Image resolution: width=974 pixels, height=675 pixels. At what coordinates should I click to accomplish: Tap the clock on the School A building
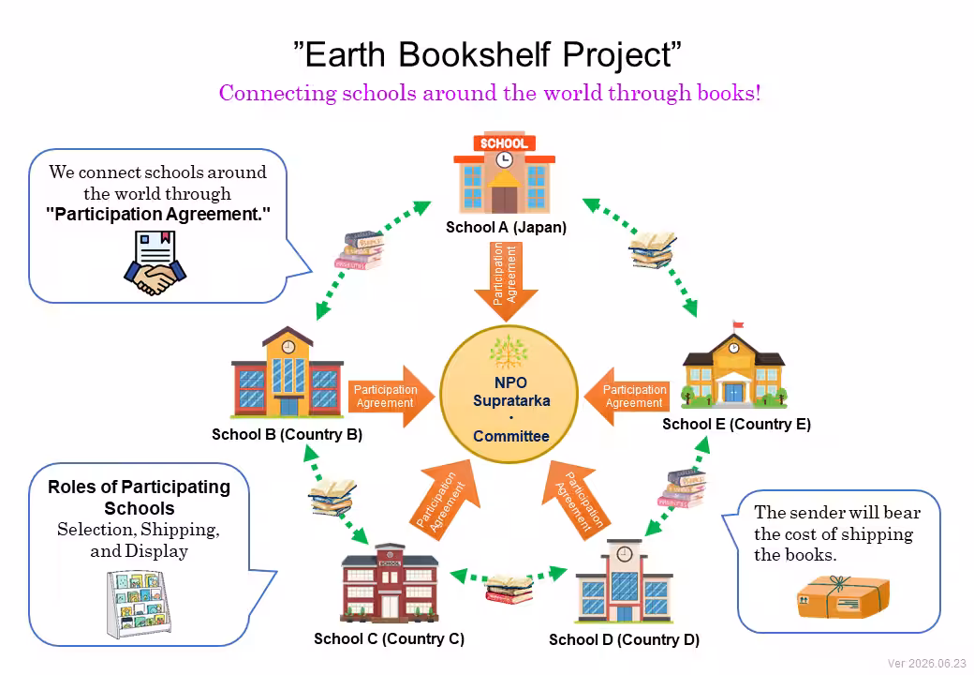pyautogui.click(x=505, y=159)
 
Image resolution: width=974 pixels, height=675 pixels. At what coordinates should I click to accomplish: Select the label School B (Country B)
pyautogui.click(x=287, y=434)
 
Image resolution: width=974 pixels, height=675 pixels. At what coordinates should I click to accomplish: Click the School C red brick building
pyautogui.click(x=390, y=583)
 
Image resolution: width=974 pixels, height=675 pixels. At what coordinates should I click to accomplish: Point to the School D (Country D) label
pyautogui.click(x=625, y=639)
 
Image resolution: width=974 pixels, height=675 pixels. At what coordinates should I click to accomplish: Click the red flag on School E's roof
pyautogui.click(x=738, y=323)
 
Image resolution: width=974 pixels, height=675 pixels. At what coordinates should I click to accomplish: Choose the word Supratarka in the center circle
pyautogui.click(x=511, y=400)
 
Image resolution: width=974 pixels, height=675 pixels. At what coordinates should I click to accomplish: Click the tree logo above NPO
pyautogui.click(x=509, y=352)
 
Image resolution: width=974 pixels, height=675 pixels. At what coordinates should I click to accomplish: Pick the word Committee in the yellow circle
pyautogui.click(x=511, y=436)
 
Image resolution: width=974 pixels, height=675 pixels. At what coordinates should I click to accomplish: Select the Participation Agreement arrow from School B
pyautogui.click(x=391, y=397)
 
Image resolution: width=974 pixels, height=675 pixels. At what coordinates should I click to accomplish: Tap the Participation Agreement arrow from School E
pyautogui.click(x=627, y=397)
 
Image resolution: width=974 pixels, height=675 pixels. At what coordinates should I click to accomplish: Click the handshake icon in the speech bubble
pyautogui.click(x=155, y=277)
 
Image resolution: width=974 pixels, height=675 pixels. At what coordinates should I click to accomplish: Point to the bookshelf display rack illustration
pyautogui.click(x=139, y=604)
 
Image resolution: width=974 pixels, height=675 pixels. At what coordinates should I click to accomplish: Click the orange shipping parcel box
pyautogui.click(x=843, y=596)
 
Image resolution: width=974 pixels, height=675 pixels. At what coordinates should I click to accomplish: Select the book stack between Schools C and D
pyautogui.click(x=509, y=590)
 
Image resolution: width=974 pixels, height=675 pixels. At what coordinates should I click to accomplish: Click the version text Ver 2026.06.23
pyautogui.click(x=927, y=663)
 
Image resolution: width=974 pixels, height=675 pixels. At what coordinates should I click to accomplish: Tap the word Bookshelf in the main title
pyautogui.click(x=475, y=54)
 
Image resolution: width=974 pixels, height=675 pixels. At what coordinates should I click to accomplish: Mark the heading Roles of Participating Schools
pyautogui.click(x=140, y=497)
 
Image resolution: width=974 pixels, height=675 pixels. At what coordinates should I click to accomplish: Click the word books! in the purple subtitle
pyautogui.click(x=729, y=93)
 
